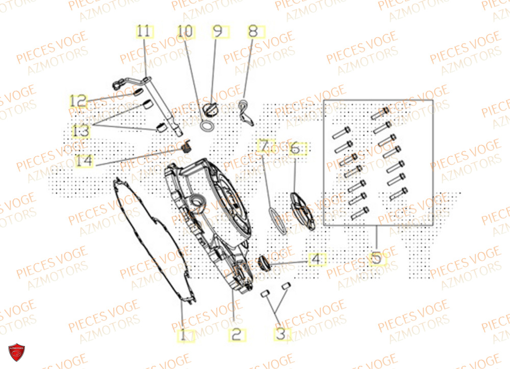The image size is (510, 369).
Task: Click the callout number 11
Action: click(x=144, y=32)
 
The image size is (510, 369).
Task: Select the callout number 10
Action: click(x=186, y=32)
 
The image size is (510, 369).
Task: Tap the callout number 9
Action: click(x=218, y=32)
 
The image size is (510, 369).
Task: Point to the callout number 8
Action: click(x=253, y=32)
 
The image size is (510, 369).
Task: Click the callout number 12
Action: click(x=79, y=102)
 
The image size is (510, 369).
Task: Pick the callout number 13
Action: click(x=81, y=131)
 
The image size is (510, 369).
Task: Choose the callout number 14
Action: click(x=85, y=161)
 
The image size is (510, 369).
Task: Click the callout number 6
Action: click(x=295, y=148)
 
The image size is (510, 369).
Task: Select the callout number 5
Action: click(x=376, y=259)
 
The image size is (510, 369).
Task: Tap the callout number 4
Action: click(x=316, y=259)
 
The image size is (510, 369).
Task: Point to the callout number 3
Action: click(x=281, y=335)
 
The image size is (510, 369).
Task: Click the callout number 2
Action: click(x=236, y=335)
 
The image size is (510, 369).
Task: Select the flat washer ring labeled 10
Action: click(x=208, y=126)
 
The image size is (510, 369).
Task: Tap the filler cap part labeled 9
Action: click(x=211, y=109)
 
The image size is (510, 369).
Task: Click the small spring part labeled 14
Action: click(x=187, y=147)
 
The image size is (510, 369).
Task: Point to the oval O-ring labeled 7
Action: click(x=275, y=220)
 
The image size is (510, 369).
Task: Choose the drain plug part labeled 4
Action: click(x=264, y=263)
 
